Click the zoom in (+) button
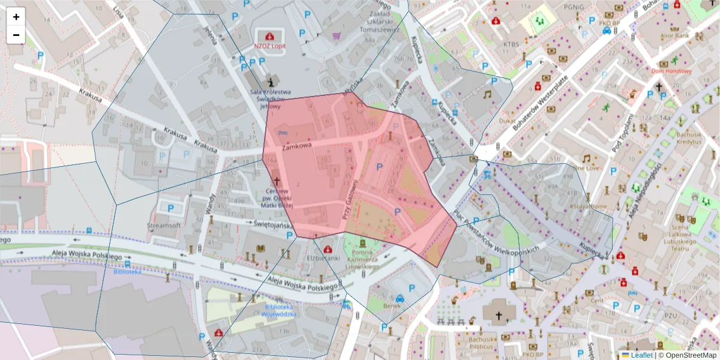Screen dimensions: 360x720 16,17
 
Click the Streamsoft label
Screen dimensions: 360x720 164,226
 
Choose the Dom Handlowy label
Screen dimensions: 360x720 671,71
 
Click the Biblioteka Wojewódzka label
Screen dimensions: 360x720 280,310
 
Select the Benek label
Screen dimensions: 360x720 391,305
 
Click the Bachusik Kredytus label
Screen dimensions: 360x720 688,138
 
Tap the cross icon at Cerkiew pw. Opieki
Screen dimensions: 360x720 277,180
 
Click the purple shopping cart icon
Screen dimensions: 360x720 337,35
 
